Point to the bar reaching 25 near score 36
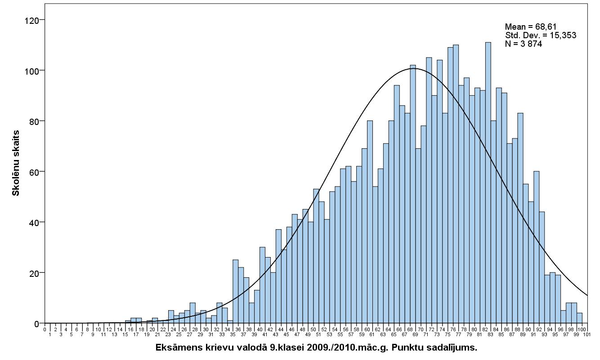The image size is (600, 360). [235, 292]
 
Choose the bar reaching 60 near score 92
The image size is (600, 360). [536, 247]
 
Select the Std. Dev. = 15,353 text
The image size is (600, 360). [540, 36]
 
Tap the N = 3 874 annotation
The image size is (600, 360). [523, 44]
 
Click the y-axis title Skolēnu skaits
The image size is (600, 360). [16, 163]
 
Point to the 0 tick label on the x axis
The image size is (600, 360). [45, 329]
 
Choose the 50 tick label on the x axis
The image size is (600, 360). [316, 329]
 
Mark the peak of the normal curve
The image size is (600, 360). [415, 68]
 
